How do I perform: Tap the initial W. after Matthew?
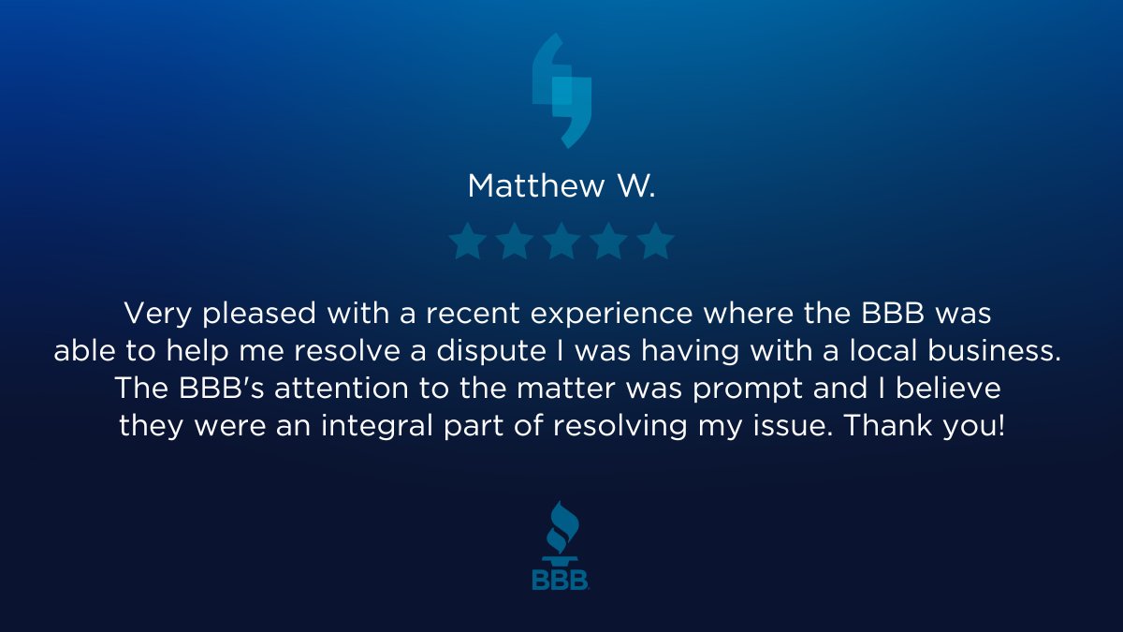[635, 185]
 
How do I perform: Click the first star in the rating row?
[466, 242]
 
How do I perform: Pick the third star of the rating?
[561, 242]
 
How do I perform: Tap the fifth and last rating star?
[656, 242]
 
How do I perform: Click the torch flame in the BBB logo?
[560, 524]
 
